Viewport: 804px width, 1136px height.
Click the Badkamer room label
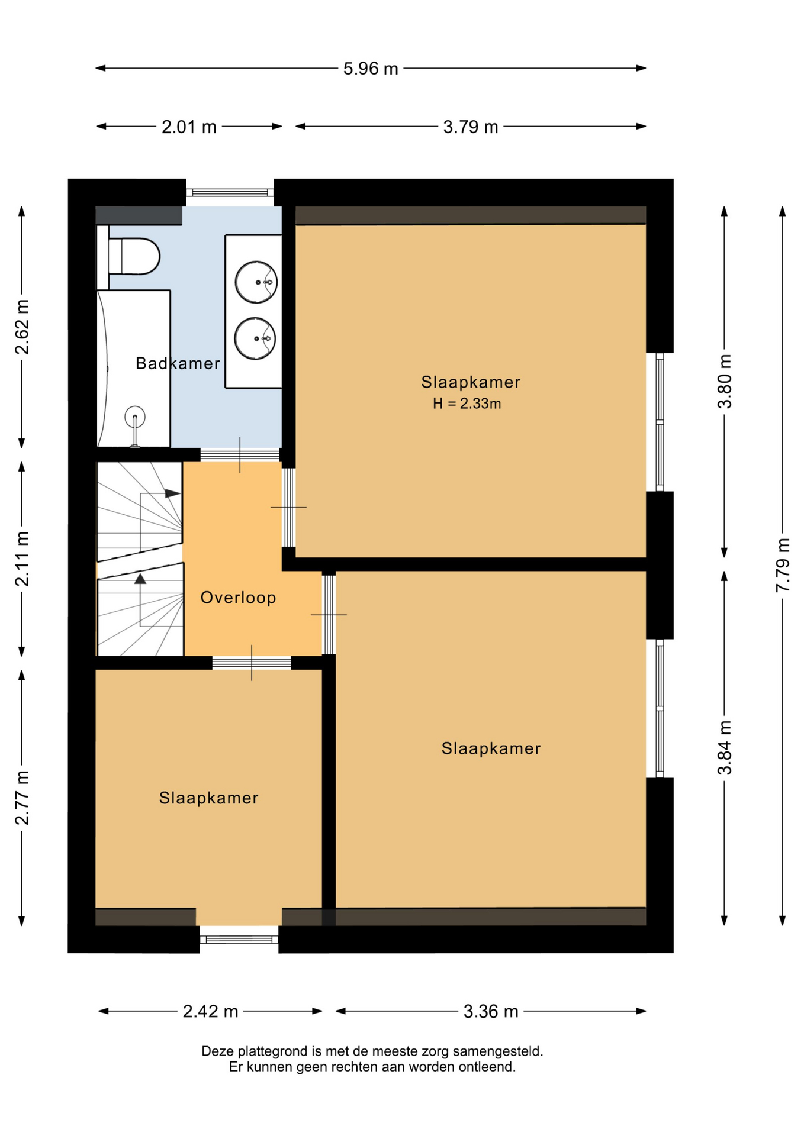tap(178, 363)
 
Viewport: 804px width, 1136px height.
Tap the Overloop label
tap(238, 598)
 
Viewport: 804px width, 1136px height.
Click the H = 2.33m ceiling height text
tap(467, 404)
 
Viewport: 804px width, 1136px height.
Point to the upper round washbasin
tap(256, 282)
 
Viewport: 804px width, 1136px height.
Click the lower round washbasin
tap(255, 338)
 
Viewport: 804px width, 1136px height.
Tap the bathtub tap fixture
tap(135, 425)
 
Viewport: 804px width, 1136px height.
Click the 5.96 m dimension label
tap(371, 69)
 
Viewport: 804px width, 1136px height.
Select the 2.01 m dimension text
tap(189, 127)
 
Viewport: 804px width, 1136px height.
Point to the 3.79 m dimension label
tap(471, 127)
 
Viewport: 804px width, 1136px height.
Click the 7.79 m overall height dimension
tap(783, 564)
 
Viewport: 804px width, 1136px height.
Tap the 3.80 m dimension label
tap(725, 382)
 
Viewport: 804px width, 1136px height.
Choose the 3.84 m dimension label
tap(725, 748)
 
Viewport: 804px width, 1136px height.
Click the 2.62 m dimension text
tap(22, 327)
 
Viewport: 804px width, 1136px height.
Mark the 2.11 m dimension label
tap(22, 559)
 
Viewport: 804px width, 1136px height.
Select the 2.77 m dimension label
tap(22, 798)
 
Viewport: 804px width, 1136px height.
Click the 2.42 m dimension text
tap(210, 1011)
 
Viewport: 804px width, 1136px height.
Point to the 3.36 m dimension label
tap(491, 1011)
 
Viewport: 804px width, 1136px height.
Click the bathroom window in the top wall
tap(230, 192)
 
